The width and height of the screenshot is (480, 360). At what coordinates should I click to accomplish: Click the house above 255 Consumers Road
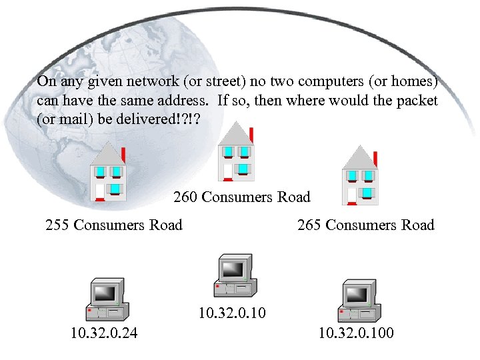(108, 175)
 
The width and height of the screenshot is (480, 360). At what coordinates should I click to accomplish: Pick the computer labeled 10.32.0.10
(233, 275)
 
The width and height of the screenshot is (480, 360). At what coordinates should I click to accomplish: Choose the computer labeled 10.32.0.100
(359, 303)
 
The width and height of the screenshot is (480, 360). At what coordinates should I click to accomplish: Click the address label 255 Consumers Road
(113, 225)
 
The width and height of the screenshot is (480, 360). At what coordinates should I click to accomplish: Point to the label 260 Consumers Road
(242, 197)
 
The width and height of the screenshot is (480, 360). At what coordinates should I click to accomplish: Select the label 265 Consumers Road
(365, 225)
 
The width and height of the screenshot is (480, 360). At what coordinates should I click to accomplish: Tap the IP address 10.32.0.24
(105, 332)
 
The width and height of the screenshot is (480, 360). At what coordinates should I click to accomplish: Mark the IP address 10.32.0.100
(356, 332)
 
